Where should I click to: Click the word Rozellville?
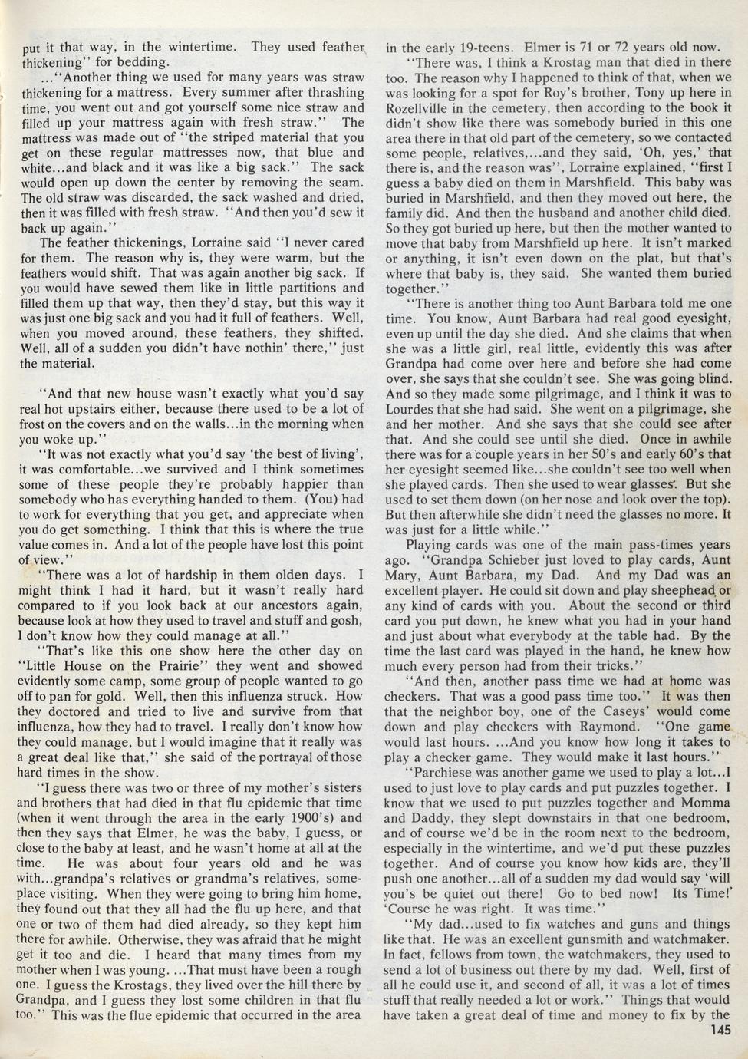(x=420, y=107)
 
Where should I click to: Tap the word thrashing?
(x=334, y=92)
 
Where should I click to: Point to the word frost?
(x=35, y=424)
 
